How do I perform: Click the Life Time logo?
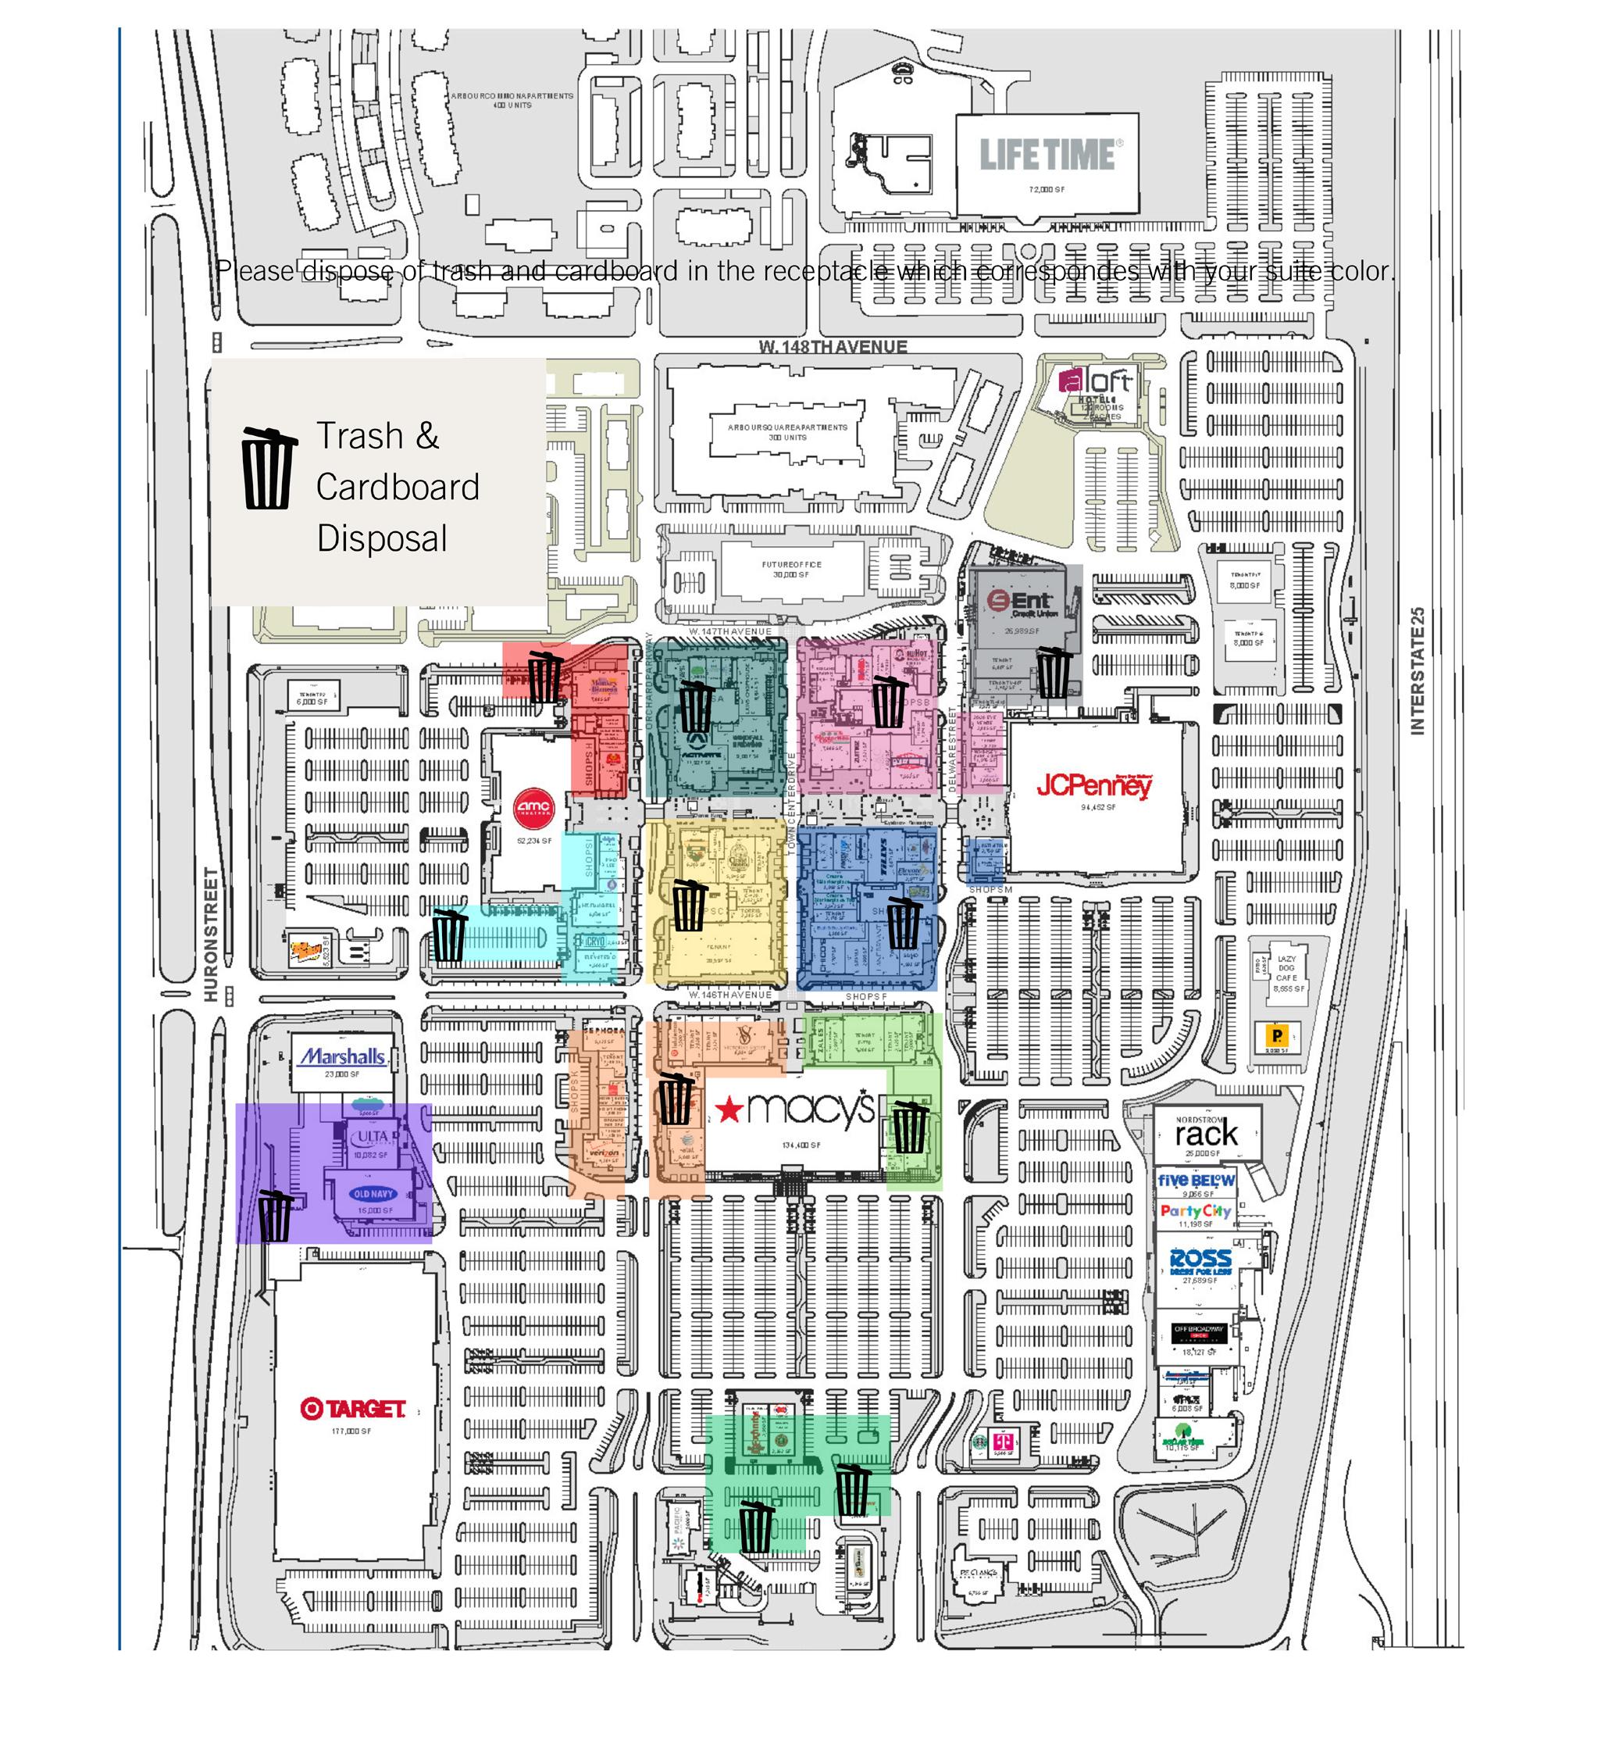1047,155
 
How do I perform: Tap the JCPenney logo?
1095,785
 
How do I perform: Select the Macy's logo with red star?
794,1108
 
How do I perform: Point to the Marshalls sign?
343,1056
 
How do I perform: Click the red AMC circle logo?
533,807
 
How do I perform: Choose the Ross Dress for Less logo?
1200,1260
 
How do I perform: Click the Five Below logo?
1196,1181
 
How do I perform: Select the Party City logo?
1195,1211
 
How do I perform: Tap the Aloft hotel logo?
1096,382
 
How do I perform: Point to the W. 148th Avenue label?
833,346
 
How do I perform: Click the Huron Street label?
210,934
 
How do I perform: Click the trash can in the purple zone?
276,1214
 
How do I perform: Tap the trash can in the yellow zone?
689,905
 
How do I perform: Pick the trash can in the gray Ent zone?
1054,672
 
